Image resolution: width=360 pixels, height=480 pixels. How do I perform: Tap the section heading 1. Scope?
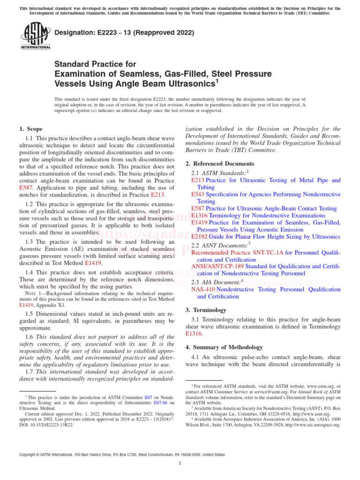click(31, 129)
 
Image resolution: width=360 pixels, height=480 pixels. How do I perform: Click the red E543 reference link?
click(198, 194)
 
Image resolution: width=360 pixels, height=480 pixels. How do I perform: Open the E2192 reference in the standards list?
click(199, 236)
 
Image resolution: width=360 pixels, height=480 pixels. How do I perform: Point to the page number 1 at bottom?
click(180, 463)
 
